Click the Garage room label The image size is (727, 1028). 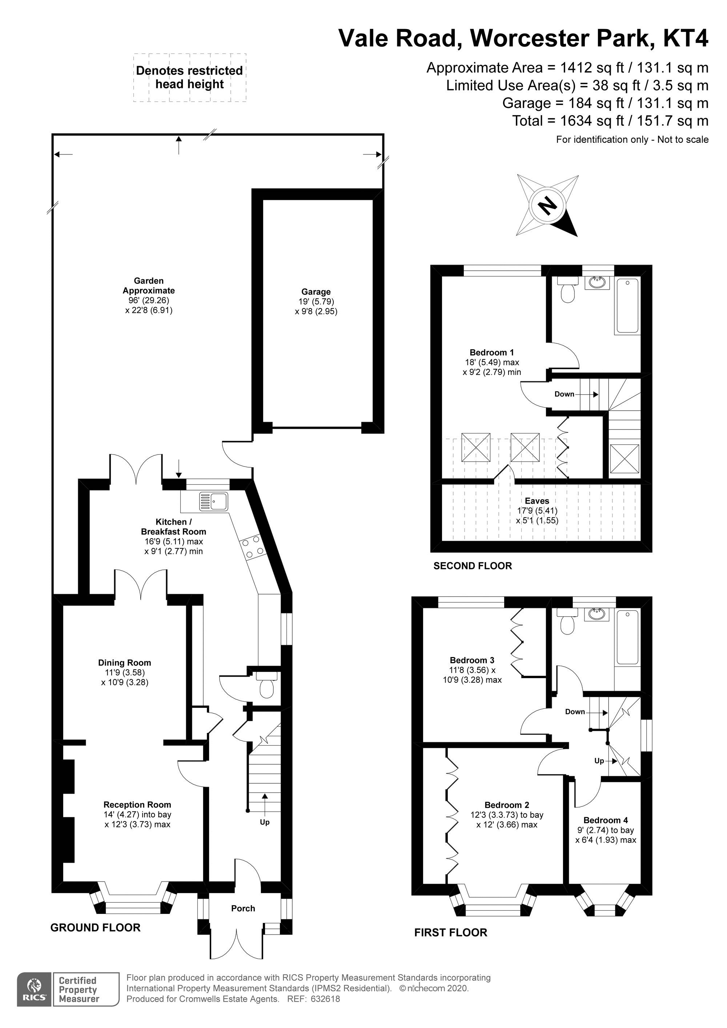(316, 291)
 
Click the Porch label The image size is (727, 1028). (243, 908)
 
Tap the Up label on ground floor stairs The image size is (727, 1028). (265, 822)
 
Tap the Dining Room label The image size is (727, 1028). (125, 663)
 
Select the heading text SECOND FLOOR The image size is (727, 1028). (473, 566)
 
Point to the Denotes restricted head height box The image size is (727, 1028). (189, 77)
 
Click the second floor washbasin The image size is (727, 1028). (597, 282)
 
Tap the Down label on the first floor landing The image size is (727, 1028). (575, 712)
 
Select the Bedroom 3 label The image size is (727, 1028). (472, 660)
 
